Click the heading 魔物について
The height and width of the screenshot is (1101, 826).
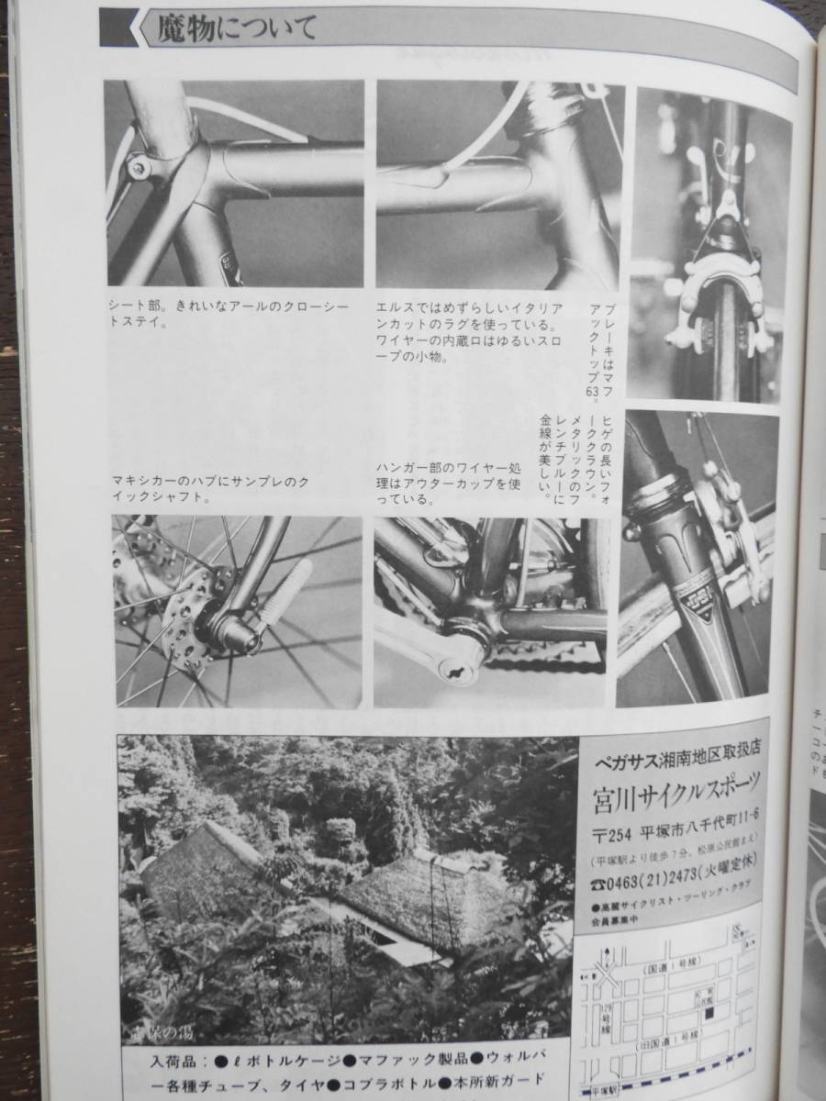click(x=237, y=30)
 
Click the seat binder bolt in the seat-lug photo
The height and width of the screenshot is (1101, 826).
click(x=139, y=166)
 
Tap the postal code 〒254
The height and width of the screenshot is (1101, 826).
click(x=607, y=833)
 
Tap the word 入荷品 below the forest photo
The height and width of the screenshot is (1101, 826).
click(x=179, y=1062)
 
